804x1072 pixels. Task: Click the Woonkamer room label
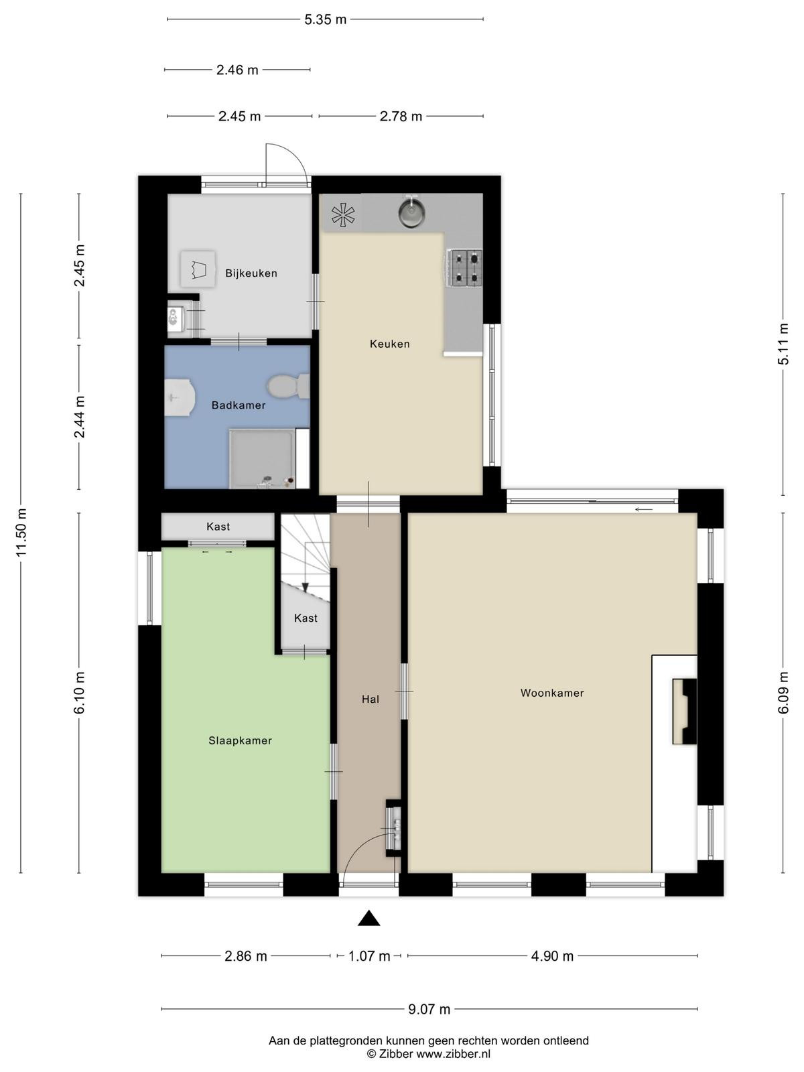(552, 693)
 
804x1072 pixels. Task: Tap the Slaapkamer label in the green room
(240, 741)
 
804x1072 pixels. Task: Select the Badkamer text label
(239, 405)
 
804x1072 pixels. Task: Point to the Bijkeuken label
(251, 273)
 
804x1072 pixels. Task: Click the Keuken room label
(389, 344)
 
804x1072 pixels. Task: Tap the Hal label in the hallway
(371, 699)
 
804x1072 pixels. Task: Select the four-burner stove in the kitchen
(465, 267)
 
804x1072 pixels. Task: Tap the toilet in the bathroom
(289, 387)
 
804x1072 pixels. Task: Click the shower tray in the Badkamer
(263, 458)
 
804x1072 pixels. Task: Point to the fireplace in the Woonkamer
(684, 712)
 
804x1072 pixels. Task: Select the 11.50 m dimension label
(21, 533)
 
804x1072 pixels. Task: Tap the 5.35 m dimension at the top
(325, 19)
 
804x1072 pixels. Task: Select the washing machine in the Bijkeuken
(198, 269)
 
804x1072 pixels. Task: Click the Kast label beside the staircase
(306, 618)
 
